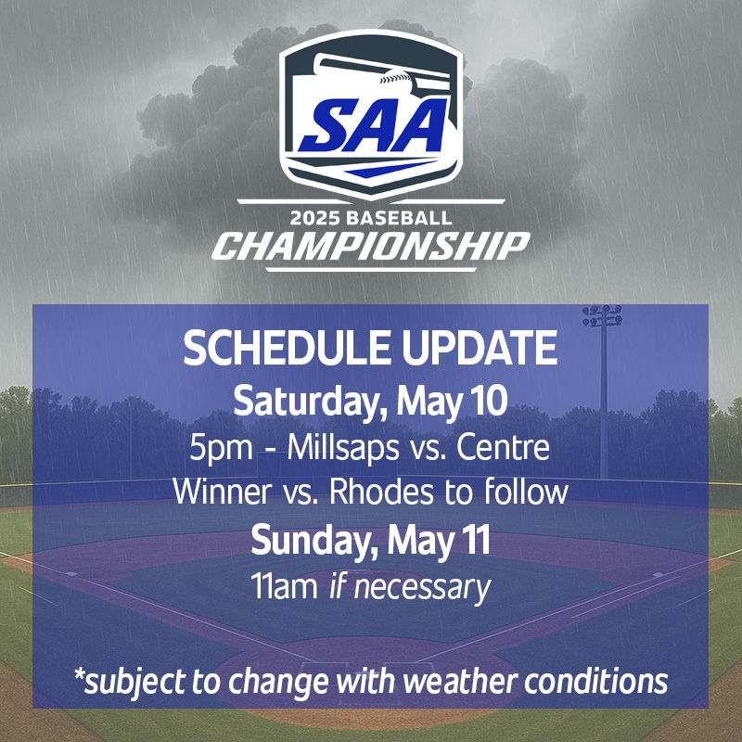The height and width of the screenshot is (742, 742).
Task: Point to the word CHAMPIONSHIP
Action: click(x=371, y=247)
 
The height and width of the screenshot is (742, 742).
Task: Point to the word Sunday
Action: click(x=300, y=540)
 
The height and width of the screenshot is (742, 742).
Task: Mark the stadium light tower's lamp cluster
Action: click(x=602, y=315)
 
